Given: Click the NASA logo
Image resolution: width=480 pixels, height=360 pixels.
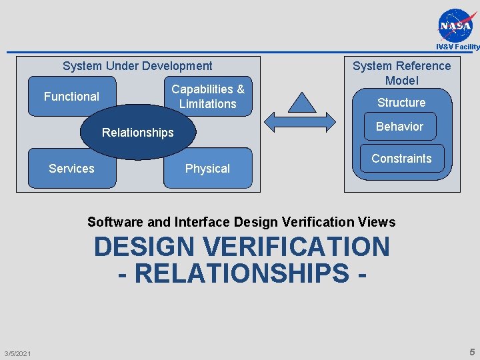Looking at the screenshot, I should coord(458,25).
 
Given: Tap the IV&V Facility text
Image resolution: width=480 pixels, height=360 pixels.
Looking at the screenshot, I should coord(457,47).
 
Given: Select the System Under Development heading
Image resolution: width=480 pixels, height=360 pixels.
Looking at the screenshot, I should coord(137,66).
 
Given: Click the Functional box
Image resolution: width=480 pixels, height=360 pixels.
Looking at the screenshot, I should coord(71,97).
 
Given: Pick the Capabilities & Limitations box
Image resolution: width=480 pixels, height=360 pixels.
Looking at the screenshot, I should coord(208,96).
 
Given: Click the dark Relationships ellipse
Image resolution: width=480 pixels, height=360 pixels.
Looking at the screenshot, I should coord(137,133).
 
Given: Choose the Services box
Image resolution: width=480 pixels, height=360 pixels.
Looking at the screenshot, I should coord(71,169).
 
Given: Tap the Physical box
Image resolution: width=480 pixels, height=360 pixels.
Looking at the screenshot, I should coord(207,169).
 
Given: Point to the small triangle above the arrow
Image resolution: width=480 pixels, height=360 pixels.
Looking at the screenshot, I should coord(301,102).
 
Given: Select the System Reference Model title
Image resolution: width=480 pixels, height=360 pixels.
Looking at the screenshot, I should coord(401,73).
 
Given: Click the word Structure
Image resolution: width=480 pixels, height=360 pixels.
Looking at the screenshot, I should coord(401,103).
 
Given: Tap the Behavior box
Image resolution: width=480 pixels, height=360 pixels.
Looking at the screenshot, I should coord(399,127).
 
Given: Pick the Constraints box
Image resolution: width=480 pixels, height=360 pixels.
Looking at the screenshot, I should coord(401,159).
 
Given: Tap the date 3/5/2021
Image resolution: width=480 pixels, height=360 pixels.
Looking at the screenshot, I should coord(17,353).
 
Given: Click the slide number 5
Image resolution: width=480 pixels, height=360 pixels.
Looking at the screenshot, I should coord(472,352).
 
